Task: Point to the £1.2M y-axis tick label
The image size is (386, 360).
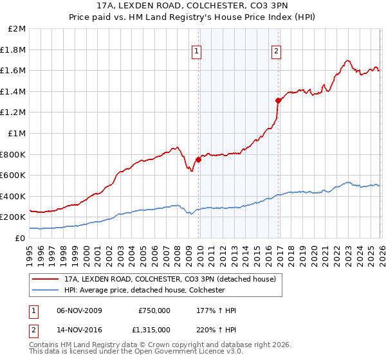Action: pos(14,113)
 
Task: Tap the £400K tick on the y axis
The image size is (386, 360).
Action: pos(14,196)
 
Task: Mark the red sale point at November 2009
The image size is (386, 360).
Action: pos(198,160)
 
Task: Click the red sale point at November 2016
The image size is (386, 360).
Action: pos(278,100)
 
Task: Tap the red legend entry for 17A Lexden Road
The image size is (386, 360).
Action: pos(170,279)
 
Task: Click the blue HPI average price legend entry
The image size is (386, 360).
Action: pos(152,290)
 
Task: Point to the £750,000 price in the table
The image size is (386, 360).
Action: pos(154,310)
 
